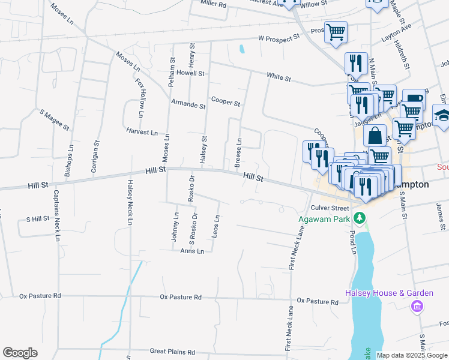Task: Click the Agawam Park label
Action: coord(324,219)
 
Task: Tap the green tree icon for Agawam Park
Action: coord(360,217)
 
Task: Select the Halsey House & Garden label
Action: coord(389,293)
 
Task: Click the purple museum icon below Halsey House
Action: coord(416,307)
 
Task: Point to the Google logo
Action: coord(20,353)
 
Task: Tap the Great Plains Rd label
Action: coord(172,352)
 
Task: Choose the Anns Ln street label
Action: coord(192,251)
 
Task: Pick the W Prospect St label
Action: coord(279,38)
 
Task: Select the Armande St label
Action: coord(188,105)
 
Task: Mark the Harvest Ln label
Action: coord(142,131)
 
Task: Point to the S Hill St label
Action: coord(34,219)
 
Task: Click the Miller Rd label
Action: coord(213,4)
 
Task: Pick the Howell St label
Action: coord(191,73)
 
